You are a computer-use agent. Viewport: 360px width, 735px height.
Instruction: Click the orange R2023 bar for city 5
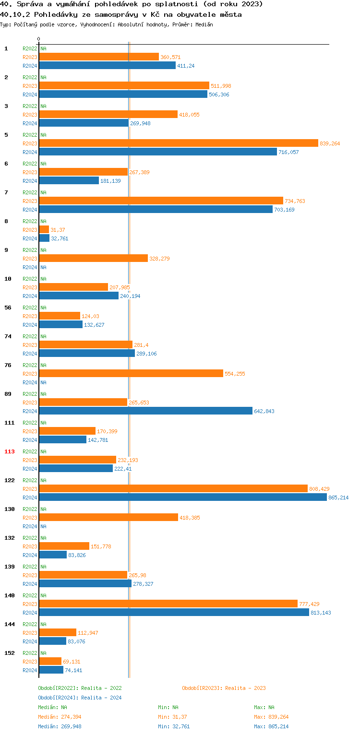click(x=179, y=143)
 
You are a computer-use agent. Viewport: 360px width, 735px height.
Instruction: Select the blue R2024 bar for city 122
click(x=183, y=497)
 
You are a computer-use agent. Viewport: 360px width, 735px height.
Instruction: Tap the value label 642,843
click(x=264, y=411)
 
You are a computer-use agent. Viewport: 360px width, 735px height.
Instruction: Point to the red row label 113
click(x=10, y=451)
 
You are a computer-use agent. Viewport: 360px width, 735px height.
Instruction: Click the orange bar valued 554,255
click(x=131, y=373)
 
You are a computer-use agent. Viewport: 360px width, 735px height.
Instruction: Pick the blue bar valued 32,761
click(x=44, y=238)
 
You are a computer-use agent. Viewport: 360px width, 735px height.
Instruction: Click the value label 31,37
click(x=58, y=230)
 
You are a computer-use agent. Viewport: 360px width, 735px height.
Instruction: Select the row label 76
click(x=8, y=365)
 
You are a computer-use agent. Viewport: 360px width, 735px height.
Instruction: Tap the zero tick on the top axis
click(x=39, y=39)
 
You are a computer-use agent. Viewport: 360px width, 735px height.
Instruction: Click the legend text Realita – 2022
click(x=101, y=688)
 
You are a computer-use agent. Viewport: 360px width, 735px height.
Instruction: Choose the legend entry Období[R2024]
click(x=59, y=698)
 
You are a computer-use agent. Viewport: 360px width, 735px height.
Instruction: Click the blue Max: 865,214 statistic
click(x=271, y=726)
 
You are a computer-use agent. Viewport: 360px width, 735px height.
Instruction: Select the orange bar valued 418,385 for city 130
click(x=108, y=517)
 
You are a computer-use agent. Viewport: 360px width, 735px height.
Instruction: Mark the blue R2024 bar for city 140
click(x=174, y=612)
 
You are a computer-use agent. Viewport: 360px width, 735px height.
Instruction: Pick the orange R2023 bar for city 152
click(x=50, y=661)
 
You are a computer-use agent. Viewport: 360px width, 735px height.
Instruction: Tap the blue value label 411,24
click(x=186, y=66)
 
